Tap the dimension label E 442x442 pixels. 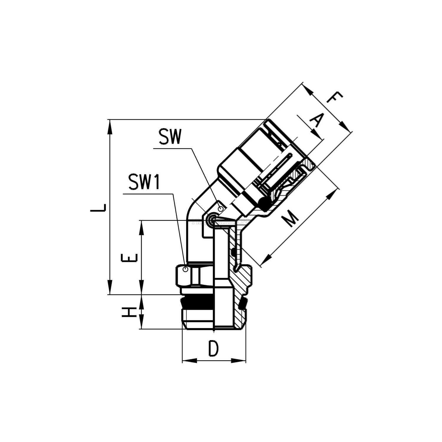click(129, 258)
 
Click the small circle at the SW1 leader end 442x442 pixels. click(185, 269)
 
